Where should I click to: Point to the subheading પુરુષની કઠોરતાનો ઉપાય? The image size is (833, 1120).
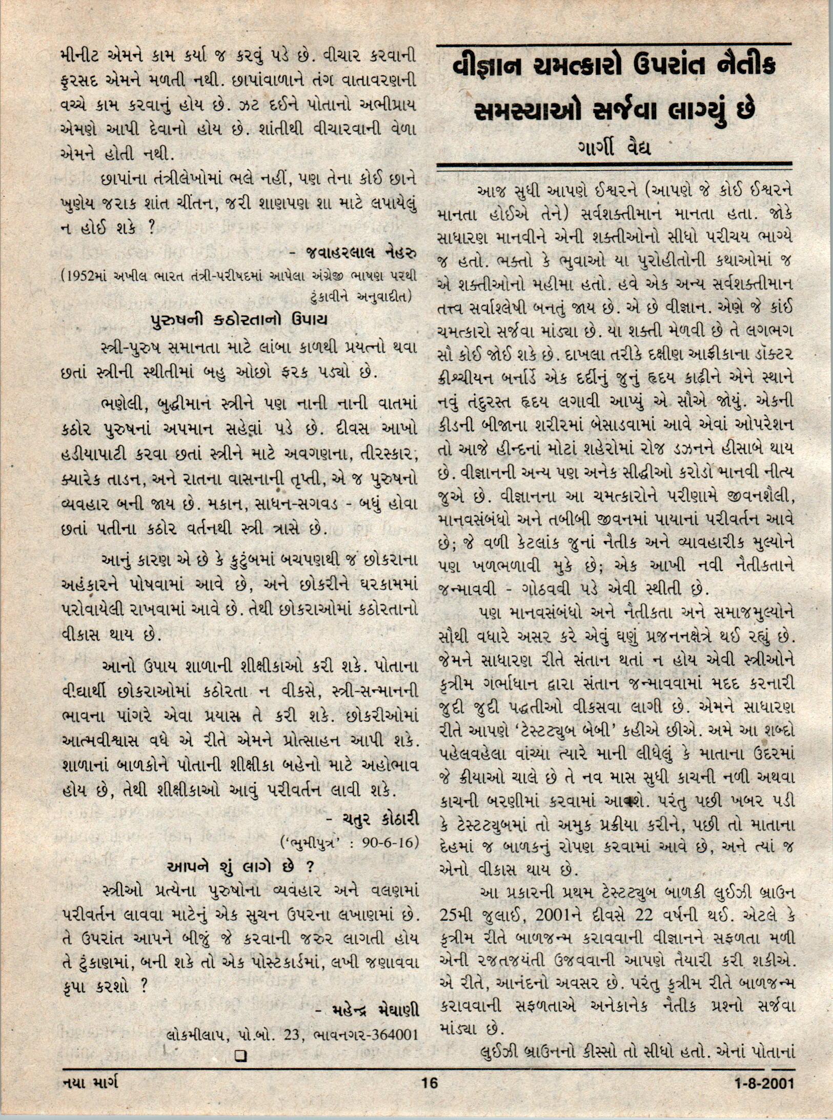click(238, 320)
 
